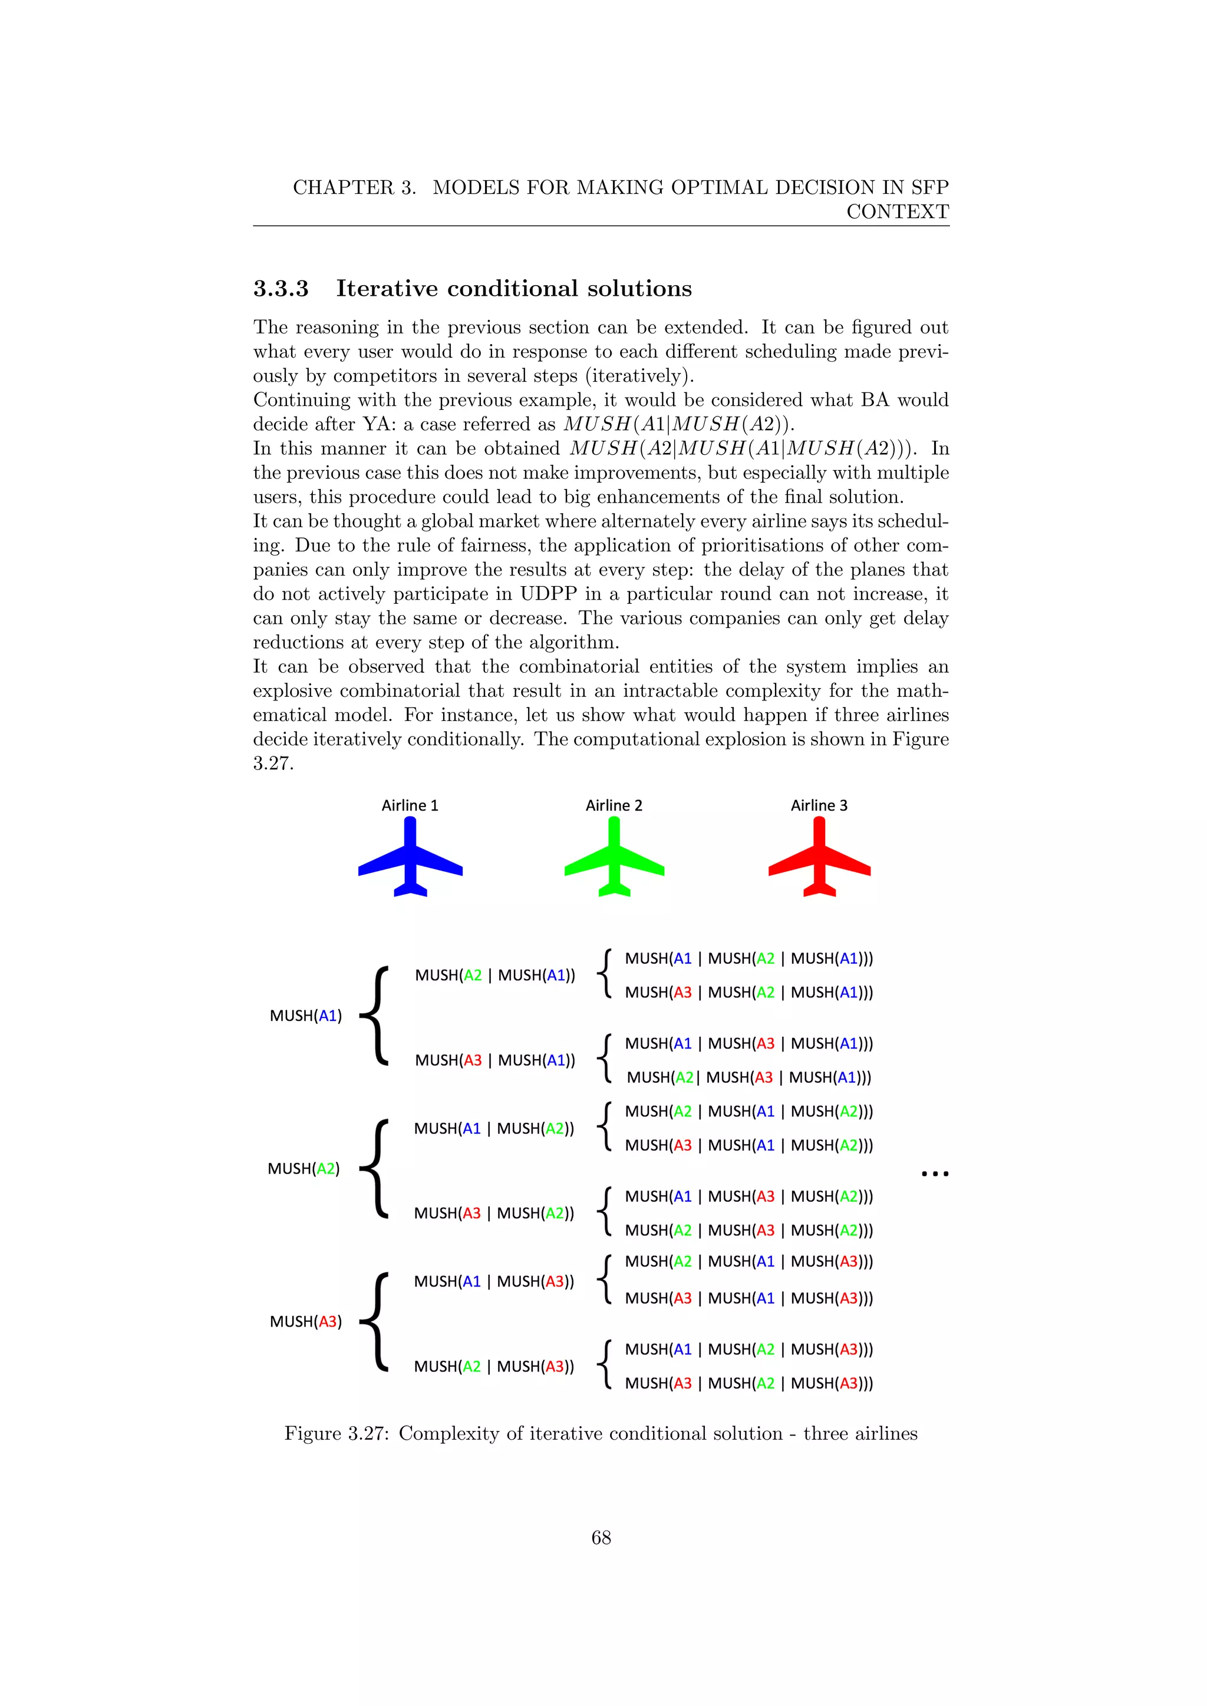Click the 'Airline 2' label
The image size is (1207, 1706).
pyautogui.click(x=614, y=805)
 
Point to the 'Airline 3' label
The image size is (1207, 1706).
pyautogui.click(x=819, y=805)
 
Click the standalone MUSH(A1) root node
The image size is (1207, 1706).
pyautogui.click(x=305, y=1016)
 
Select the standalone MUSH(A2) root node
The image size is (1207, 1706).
pyautogui.click(x=304, y=1169)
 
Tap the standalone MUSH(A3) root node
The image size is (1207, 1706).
pyautogui.click(x=305, y=1322)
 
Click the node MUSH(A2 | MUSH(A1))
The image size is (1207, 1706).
pyautogui.click(x=495, y=976)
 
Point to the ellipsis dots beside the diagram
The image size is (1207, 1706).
pyautogui.click(x=935, y=1174)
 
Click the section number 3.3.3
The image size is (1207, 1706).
pyautogui.click(x=281, y=288)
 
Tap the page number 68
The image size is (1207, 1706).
pyautogui.click(x=601, y=1538)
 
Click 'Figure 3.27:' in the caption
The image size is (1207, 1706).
pyautogui.click(x=337, y=1434)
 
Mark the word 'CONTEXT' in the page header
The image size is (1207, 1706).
pyautogui.click(x=897, y=211)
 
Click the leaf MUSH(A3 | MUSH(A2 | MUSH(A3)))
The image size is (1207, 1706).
pyautogui.click(x=748, y=1384)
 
